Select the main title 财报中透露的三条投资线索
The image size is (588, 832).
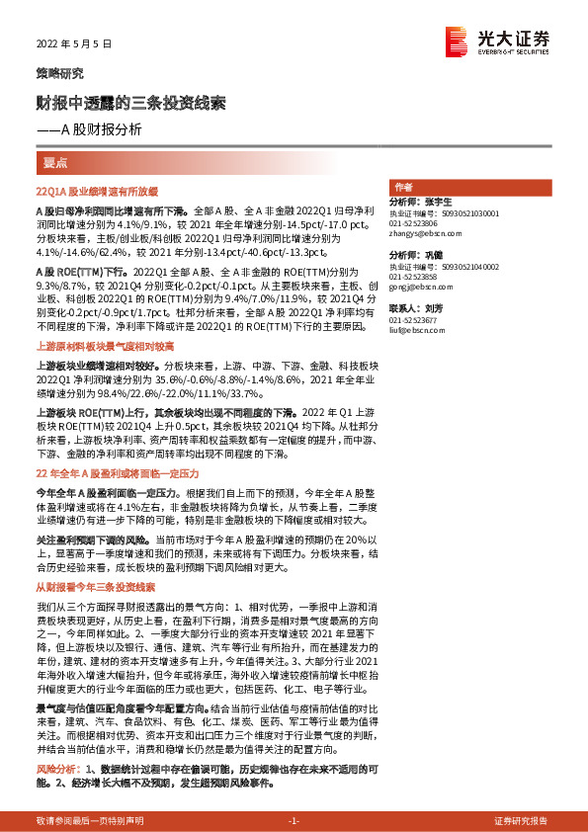click(131, 103)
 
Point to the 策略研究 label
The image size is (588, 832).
click(59, 73)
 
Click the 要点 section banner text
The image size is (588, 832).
click(55, 161)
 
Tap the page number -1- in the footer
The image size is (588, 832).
click(293, 820)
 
